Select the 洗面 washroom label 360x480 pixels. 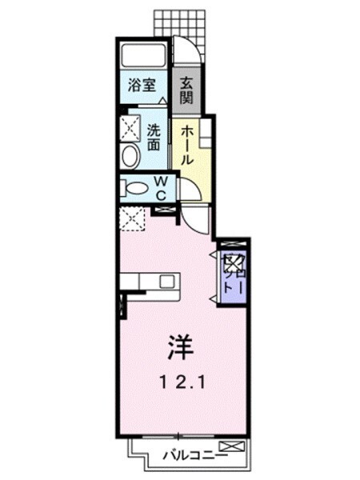click(x=154, y=135)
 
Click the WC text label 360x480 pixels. click(x=160, y=188)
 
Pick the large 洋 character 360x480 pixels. click(x=179, y=346)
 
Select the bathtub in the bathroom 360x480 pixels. click(x=143, y=56)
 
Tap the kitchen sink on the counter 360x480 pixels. click(x=166, y=282)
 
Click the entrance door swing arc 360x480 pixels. click(x=185, y=53)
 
